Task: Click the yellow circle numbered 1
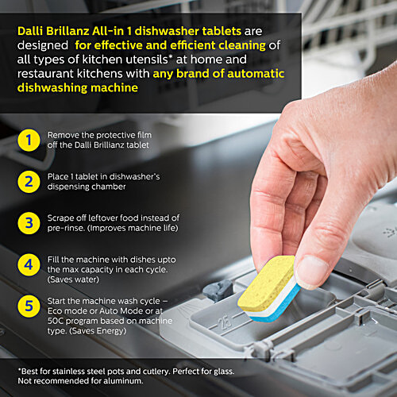(29, 141)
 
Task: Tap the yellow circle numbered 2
(29, 181)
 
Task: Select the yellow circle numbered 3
(29, 222)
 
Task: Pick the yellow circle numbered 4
(29, 263)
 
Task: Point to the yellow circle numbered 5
(29, 305)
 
